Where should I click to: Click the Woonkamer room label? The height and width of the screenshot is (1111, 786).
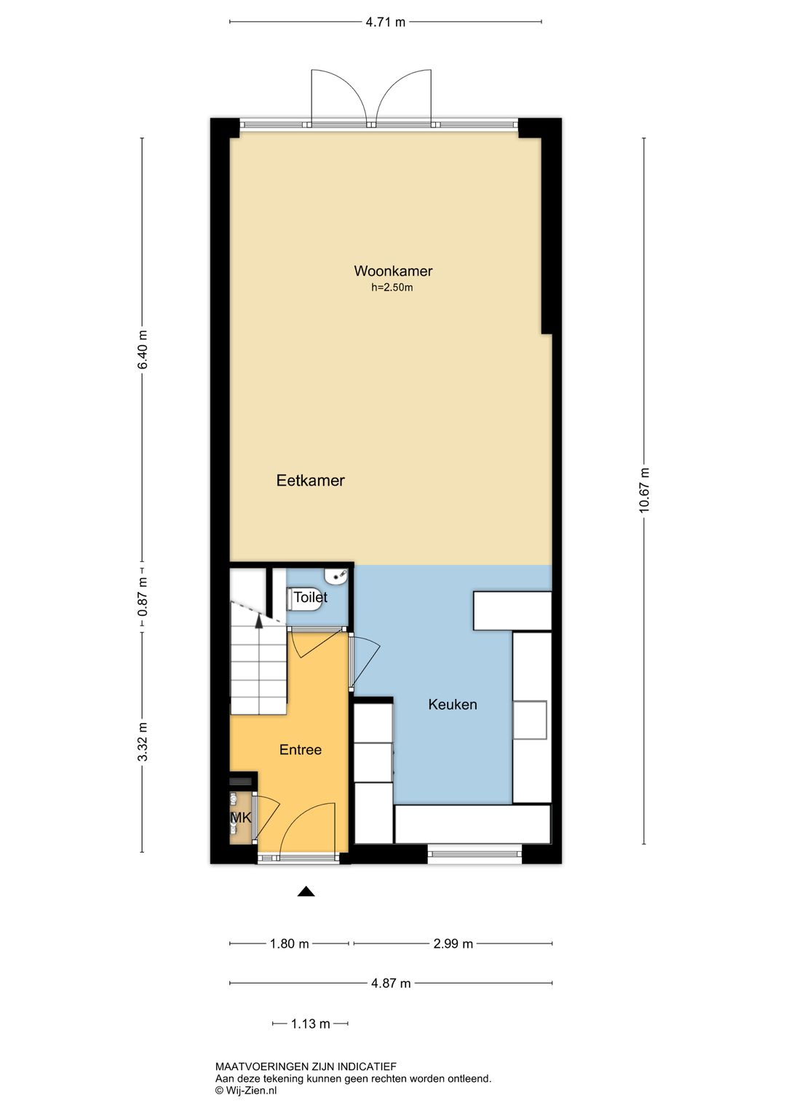[x=393, y=271]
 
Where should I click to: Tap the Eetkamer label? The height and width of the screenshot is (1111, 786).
[x=311, y=480]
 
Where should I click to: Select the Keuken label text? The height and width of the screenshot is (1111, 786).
[x=452, y=704]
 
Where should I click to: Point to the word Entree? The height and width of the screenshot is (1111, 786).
[x=300, y=749]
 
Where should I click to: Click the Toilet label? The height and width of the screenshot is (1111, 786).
[x=311, y=597]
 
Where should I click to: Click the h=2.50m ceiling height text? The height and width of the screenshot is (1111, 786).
[x=392, y=287]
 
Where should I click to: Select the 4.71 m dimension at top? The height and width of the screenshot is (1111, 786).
[x=385, y=22]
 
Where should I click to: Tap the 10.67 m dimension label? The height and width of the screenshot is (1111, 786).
[x=643, y=490]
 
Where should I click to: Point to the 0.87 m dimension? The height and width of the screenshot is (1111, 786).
[x=143, y=597]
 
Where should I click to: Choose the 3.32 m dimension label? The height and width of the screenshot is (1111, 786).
[x=143, y=741]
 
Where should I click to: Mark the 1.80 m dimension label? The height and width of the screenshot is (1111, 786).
[x=289, y=944]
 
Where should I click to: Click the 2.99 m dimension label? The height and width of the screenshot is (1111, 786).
[x=453, y=944]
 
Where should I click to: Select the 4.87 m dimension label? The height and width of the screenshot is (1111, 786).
[x=391, y=983]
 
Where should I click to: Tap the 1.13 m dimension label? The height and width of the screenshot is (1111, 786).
[x=311, y=1023]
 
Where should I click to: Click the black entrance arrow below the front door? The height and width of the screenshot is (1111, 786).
[x=306, y=892]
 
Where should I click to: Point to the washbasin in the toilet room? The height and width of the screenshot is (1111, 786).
[x=337, y=577]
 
